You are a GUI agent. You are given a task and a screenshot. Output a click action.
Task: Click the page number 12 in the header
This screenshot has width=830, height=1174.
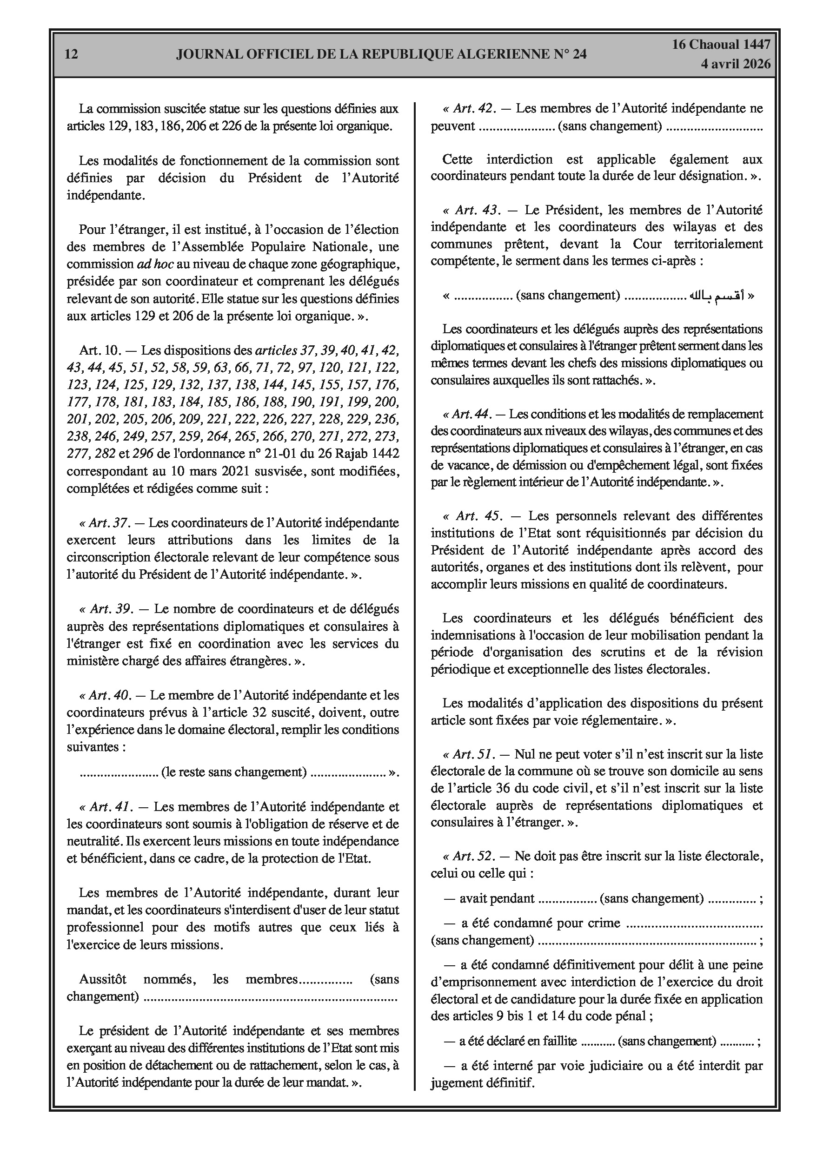click(72, 55)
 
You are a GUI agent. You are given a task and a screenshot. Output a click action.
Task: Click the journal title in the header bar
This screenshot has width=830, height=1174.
click(381, 55)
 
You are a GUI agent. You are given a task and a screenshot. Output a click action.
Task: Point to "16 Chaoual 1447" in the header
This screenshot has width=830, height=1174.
click(721, 45)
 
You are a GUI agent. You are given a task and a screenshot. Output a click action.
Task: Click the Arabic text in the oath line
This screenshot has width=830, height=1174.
click(717, 296)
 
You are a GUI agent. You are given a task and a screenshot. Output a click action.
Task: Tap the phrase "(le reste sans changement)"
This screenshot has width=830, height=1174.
click(234, 772)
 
